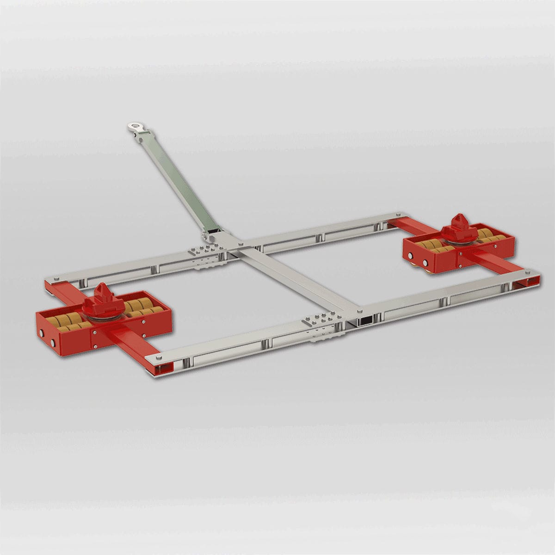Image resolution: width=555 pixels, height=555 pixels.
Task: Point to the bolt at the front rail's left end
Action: pos(158,358)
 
